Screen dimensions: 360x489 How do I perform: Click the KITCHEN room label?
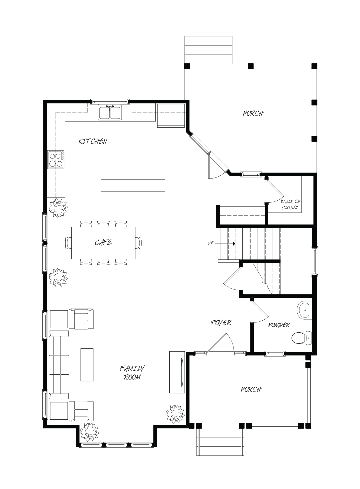(93, 141)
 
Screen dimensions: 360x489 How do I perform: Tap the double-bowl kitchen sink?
(110, 112)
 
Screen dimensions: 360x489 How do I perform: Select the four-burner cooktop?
(56, 160)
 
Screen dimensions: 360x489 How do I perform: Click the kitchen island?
(133, 176)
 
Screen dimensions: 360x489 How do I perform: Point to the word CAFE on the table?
(103, 242)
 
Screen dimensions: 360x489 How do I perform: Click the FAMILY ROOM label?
(132, 373)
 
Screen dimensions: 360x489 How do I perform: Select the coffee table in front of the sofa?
(87, 365)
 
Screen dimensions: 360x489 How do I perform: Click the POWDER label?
(279, 325)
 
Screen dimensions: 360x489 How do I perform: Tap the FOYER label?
(221, 323)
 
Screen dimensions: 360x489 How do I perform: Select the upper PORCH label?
(253, 113)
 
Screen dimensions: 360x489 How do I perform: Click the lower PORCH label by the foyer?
(251, 389)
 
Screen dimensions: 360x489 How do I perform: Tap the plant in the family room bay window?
(89, 432)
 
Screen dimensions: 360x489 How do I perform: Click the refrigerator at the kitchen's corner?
(171, 116)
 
